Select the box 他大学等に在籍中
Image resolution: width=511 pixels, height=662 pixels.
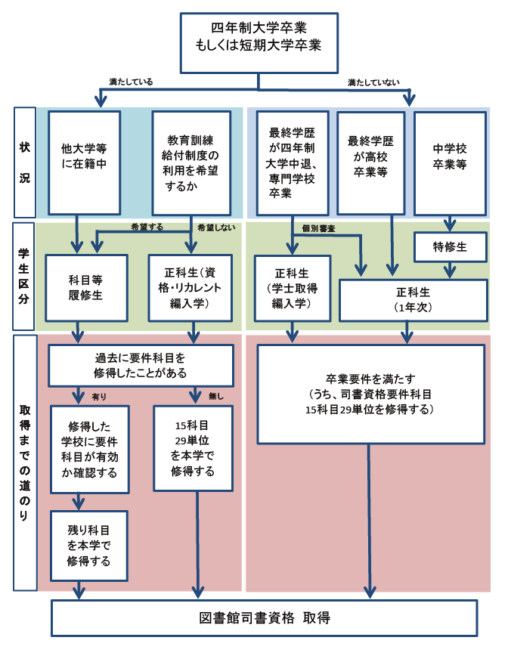point(84,162)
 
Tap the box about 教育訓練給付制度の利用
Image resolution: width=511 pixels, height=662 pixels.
point(192,162)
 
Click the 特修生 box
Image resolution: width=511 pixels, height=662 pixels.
point(449,246)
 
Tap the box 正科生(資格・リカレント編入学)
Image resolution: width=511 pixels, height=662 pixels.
point(192,287)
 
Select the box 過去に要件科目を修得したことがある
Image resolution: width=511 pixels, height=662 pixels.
point(140,366)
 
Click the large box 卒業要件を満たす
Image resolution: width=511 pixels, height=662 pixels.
point(370,394)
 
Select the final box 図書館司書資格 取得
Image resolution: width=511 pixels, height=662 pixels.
point(264,617)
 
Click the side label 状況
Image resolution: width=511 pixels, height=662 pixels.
point(25,162)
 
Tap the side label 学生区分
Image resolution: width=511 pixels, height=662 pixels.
point(25,276)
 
